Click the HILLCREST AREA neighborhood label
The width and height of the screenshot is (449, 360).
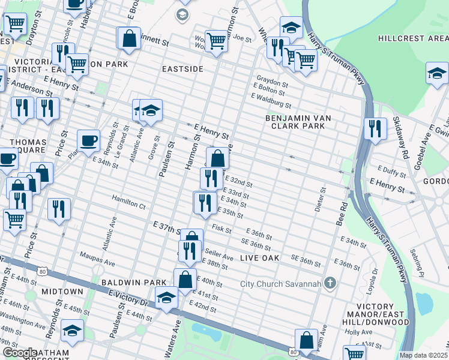[413, 38]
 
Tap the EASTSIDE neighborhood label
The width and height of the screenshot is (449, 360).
[183, 69]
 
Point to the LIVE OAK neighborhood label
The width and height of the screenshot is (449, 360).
[261, 257]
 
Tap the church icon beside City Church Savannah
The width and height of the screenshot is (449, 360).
[330, 283]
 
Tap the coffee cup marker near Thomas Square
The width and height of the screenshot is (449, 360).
[88, 140]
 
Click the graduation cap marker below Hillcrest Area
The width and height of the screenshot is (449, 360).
[436, 73]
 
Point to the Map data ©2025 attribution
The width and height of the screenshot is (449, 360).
[424, 355]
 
